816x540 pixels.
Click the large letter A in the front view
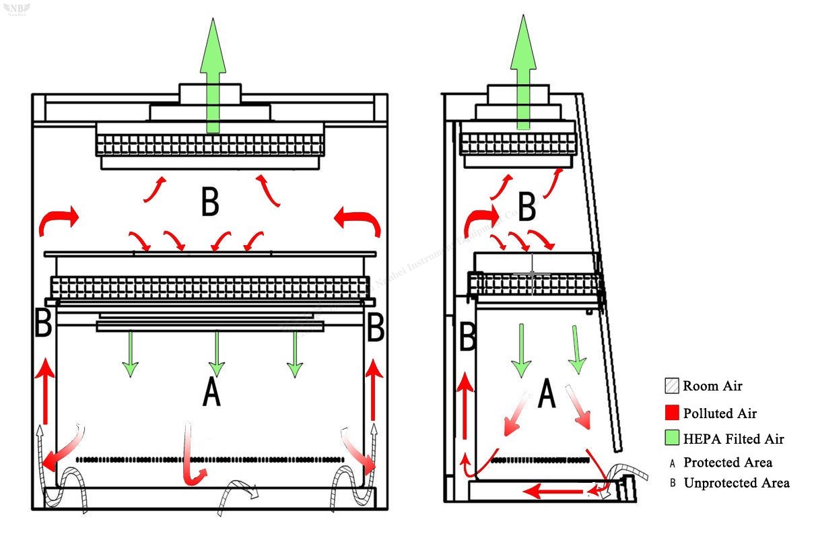211,392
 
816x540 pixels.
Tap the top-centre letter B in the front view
210,201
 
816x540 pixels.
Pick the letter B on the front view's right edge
375,329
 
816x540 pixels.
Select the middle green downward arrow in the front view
216,353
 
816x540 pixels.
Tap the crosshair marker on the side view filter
532,275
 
